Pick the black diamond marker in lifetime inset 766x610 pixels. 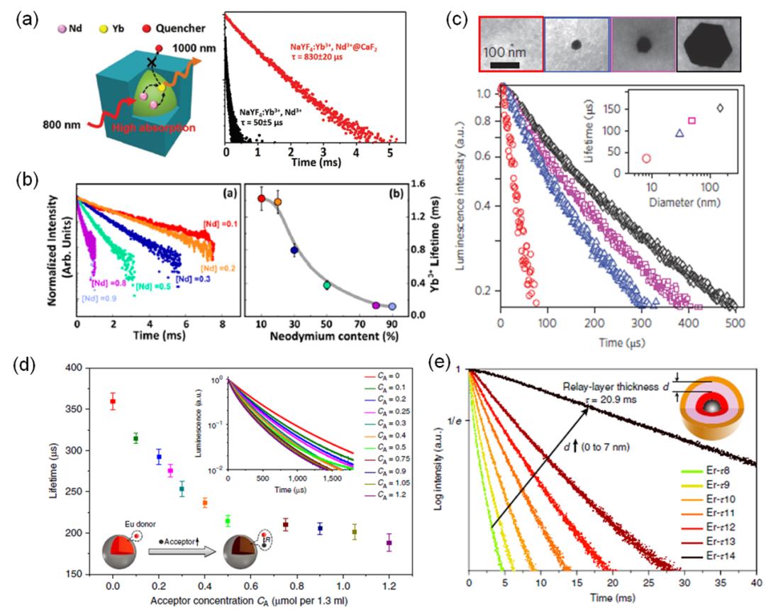pos(719,109)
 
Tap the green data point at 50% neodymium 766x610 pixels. pos(327,285)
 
